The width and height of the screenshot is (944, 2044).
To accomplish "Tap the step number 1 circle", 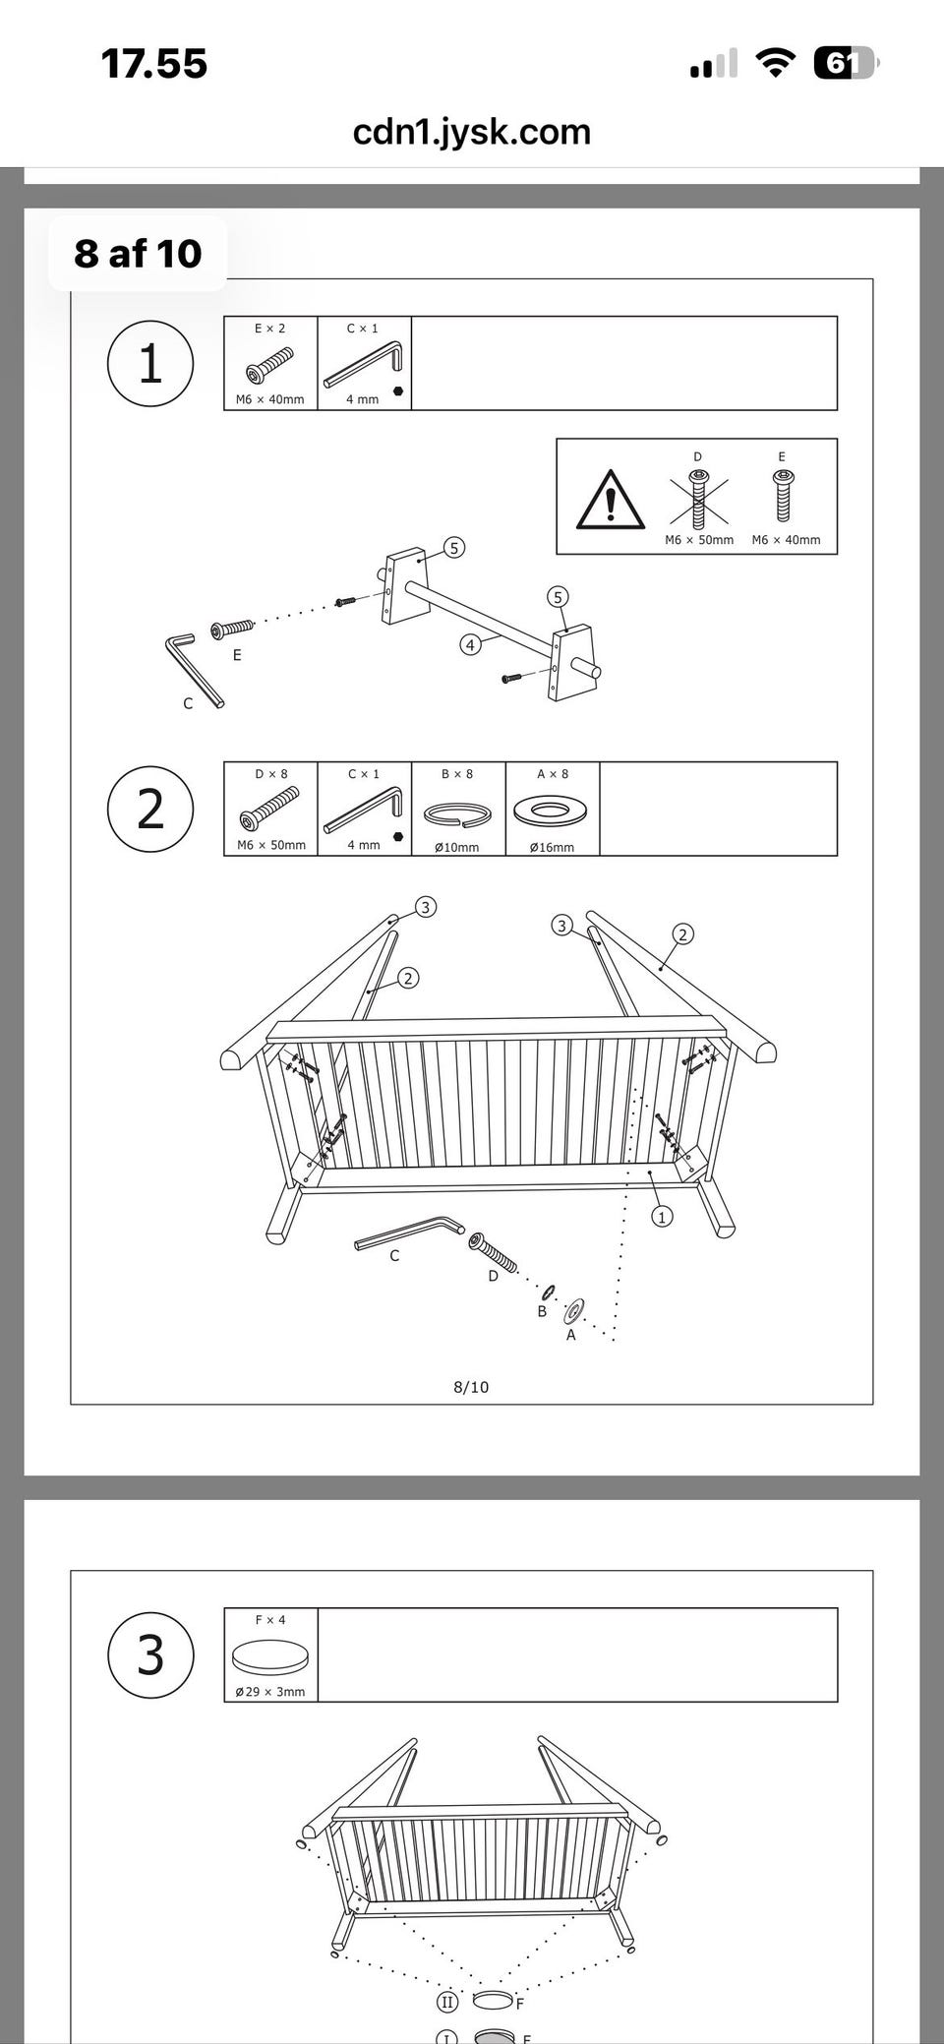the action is tap(150, 364).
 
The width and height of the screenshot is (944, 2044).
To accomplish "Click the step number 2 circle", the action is tap(150, 810).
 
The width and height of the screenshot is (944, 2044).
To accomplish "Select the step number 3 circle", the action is tap(150, 1654).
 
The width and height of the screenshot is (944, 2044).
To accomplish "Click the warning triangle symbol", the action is tap(611, 499).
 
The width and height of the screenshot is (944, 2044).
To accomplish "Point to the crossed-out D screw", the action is tap(699, 497).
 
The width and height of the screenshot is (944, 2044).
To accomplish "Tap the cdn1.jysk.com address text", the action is tap(472, 132).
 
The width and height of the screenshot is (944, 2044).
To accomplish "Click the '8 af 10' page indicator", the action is tap(138, 254).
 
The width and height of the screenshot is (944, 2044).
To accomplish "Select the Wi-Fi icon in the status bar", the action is tap(776, 64).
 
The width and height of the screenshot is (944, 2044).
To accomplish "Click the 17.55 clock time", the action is tap(154, 64).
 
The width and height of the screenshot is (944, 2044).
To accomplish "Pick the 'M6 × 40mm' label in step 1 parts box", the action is tap(270, 400).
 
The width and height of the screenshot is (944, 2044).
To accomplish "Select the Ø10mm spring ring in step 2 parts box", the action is tap(457, 814).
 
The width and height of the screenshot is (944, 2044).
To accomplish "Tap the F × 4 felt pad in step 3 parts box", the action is tap(270, 1657).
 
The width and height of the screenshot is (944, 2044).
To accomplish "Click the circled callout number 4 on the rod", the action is tap(471, 645).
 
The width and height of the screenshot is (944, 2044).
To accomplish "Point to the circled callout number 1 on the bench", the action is tap(662, 1217).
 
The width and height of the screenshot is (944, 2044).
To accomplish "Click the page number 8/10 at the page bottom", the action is tap(471, 1387).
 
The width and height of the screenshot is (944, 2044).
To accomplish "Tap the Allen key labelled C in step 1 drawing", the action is tap(195, 670).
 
